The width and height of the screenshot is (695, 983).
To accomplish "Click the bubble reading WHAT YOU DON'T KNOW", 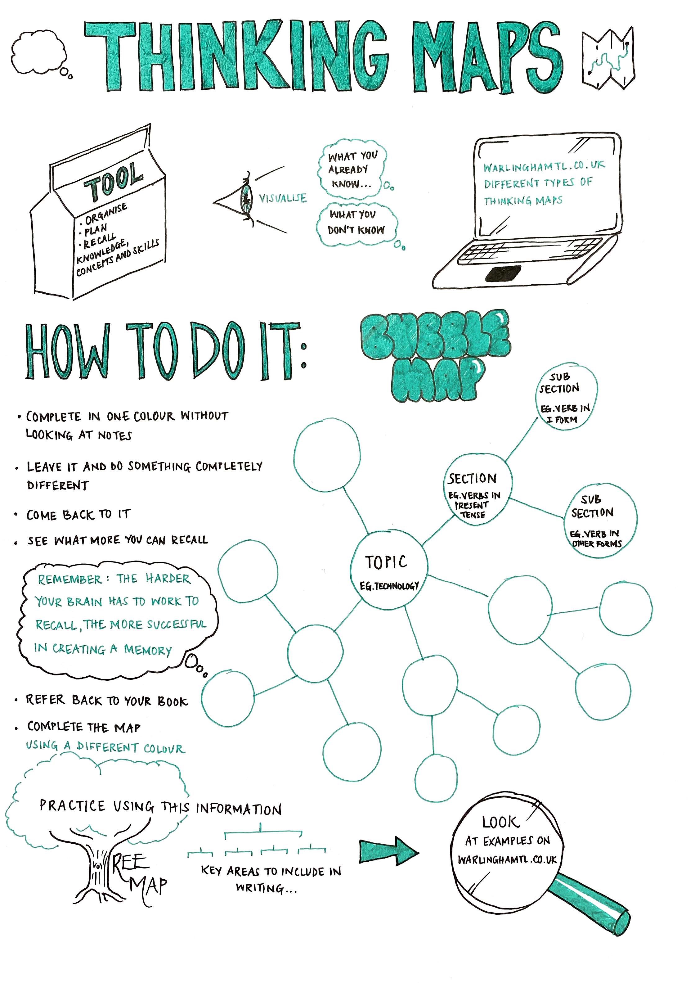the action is point(357,224).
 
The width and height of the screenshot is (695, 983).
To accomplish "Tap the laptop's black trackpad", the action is point(503,273).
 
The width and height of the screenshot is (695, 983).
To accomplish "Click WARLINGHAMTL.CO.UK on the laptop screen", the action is point(544,166).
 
